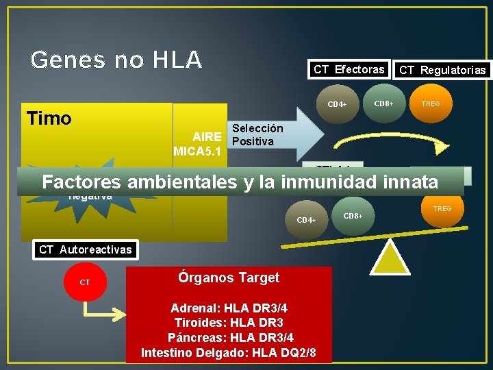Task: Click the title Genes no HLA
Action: pos(116,60)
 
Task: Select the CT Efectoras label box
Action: pos(349,69)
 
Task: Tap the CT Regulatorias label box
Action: pos(442,70)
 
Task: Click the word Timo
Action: pos(49,119)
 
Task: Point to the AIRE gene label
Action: pos(207,136)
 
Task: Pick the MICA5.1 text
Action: pos(197,151)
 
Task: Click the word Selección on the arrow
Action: pos(257,128)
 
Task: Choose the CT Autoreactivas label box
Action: pos(85,249)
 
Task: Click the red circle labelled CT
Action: pos(85,282)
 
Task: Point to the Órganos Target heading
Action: pos(229,277)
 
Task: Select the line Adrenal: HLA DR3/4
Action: pos(229,308)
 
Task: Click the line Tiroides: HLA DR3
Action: pos(229,323)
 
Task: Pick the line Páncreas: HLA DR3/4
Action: pos(229,337)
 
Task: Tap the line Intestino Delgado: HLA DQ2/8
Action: pos(229,352)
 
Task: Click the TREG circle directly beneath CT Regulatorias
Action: pos(431,104)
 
